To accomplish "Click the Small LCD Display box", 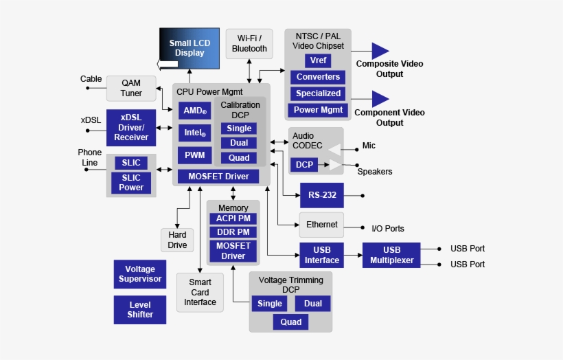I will pyautogui.click(x=190, y=48).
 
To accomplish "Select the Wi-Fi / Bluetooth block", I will pyautogui.click(x=249, y=43).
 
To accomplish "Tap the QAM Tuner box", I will pyautogui.click(x=131, y=89).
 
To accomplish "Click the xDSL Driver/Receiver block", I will pyautogui.click(x=131, y=127).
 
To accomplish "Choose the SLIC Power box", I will pyautogui.click(x=131, y=183).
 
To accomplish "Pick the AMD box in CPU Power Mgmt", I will pyautogui.click(x=195, y=111).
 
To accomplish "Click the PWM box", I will pyautogui.click(x=195, y=155).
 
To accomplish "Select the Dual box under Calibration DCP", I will pyautogui.click(x=239, y=143).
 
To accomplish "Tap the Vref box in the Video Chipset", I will pyautogui.click(x=318, y=60).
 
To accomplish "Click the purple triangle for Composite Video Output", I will pyautogui.click(x=380, y=51).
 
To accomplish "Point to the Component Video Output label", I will pyautogui.click(x=389, y=117).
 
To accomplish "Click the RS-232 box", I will pyautogui.click(x=322, y=195).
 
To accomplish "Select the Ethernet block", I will pyautogui.click(x=321, y=225).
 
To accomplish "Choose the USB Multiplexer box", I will pyautogui.click(x=391, y=255).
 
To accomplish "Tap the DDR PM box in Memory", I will pyautogui.click(x=233, y=232).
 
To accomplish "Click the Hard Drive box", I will pyautogui.click(x=177, y=240).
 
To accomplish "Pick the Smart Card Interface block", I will pyautogui.click(x=200, y=292).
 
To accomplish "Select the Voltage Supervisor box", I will pyautogui.click(x=140, y=274).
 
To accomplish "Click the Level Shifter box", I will pyautogui.click(x=140, y=310).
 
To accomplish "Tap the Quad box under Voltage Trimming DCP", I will pyautogui.click(x=291, y=322).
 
